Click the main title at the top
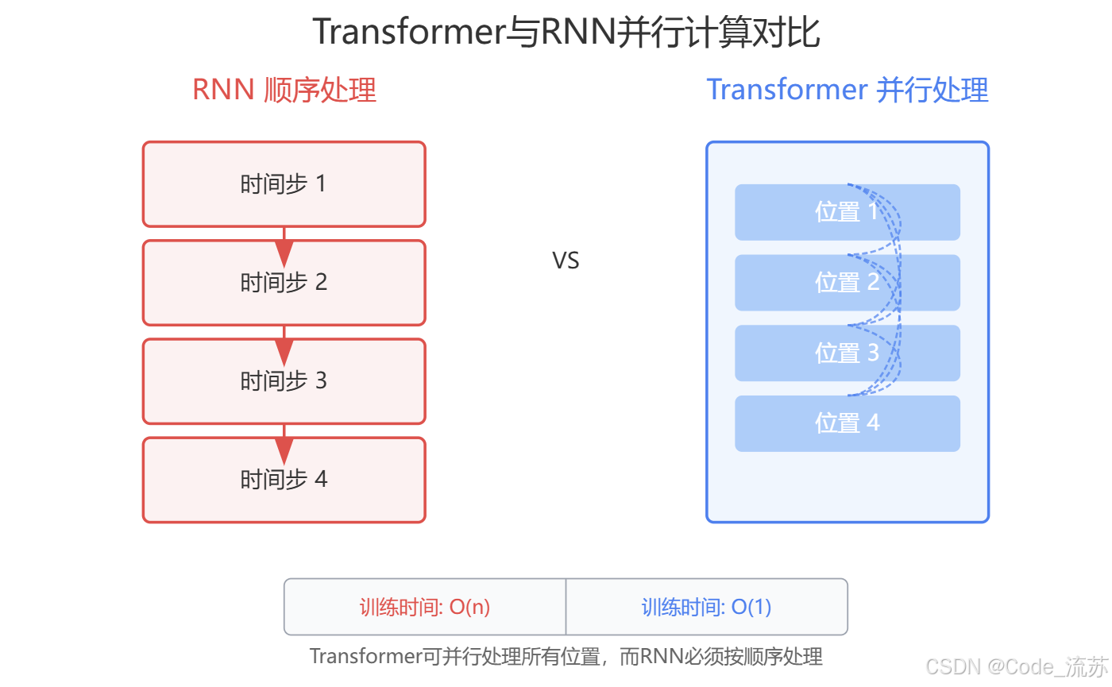(x=566, y=33)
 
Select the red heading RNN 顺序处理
(x=284, y=90)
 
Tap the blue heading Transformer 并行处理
(x=847, y=90)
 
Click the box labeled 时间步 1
(x=284, y=184)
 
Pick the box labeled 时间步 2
(x=284, y=283)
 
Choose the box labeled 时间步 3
(x=284, y=381)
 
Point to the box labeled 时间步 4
(x=284, y=480)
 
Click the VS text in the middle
(x=566, y=261)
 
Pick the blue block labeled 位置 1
(x=794, y=212)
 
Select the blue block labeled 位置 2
(x=794, y=283)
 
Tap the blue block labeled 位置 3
(x=794, y=353)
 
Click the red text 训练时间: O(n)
(x=424, y=608)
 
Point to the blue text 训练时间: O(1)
(x=706, y=608)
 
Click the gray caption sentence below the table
(x=566, y=657)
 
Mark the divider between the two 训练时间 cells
(x=566, y=607)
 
